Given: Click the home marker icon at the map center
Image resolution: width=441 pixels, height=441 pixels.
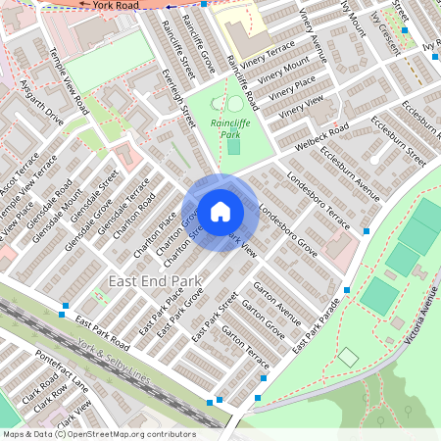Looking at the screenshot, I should pyautogui.click(x=220, y=211).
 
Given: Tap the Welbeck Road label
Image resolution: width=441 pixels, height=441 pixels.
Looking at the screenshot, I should pyautogui.click(x=324, y=138).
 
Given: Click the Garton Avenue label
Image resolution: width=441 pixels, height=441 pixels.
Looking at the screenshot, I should pyautogui.click(x=277, y=303).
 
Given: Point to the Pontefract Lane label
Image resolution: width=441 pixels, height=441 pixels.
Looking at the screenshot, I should pyautogui.click(x=61, y=370).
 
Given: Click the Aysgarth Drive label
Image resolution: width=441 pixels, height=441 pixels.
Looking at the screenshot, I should pyautogui.click(x=41, y=109).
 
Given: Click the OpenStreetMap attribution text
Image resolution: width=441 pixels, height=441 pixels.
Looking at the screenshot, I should pyautogui.click(x=98, y=434).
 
